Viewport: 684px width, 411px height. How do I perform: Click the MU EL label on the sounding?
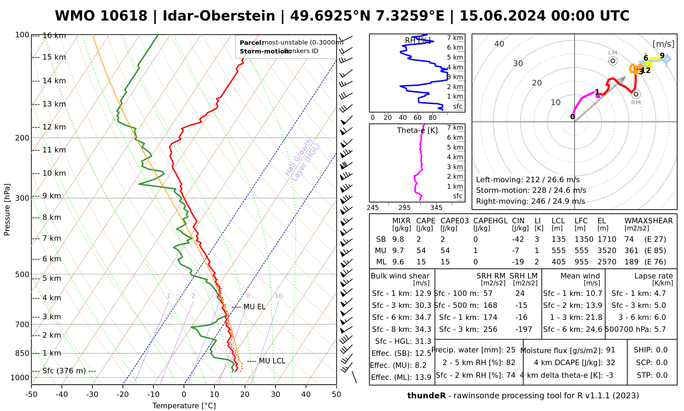[254, 307]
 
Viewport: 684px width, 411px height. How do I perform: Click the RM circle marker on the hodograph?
[636, 94]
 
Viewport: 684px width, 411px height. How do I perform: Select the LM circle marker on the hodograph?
[613, 61]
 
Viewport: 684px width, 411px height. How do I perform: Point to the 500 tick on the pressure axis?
[23, 274]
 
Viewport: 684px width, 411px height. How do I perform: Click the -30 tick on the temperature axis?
[92, 395]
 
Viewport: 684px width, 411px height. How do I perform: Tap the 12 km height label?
[54, 127]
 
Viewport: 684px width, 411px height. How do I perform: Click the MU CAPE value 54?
[421, 251]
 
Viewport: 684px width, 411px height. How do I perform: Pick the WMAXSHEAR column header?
[648, 221]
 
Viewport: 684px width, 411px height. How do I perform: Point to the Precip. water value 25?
[511, 350]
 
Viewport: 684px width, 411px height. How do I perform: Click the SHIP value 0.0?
[661, 350]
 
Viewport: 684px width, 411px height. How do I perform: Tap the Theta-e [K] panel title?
[417, 130]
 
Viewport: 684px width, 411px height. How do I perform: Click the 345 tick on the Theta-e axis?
[436, 208]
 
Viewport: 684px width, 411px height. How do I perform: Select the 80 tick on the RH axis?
[433, 118]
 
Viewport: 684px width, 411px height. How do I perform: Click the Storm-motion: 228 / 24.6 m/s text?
[531, 190]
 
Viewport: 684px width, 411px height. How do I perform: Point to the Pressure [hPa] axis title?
[7, 210]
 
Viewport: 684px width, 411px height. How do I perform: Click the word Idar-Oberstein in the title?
[219, 16]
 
